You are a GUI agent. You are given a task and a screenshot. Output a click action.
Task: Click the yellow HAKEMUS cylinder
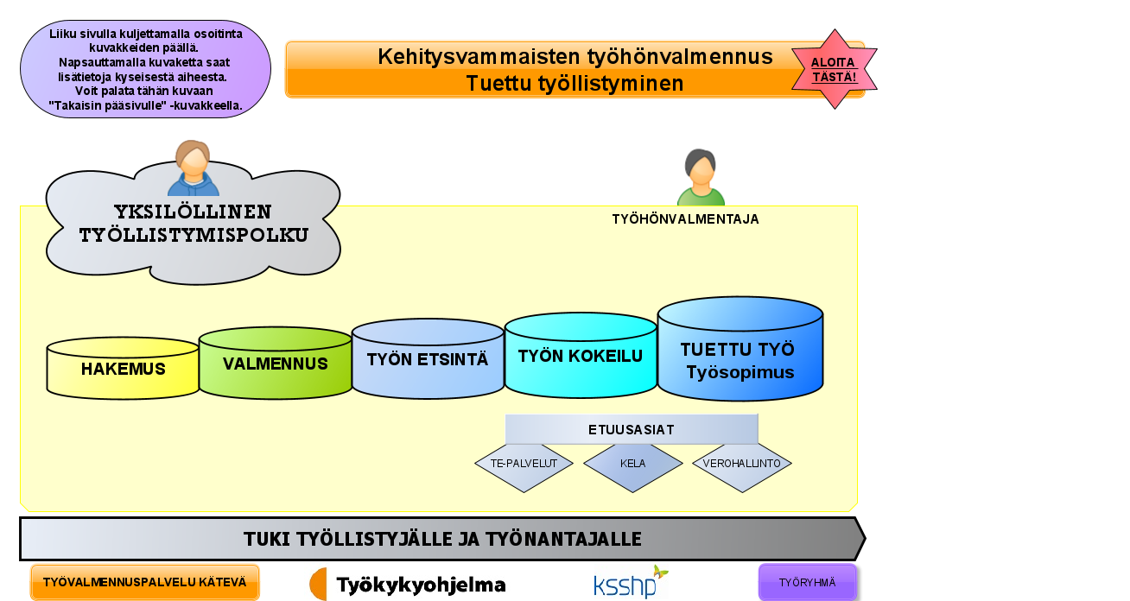pos(123,369)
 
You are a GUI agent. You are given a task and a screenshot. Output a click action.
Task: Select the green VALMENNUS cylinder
pos(276,363)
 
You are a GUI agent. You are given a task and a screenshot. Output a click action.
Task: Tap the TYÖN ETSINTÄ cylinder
pos(428,359)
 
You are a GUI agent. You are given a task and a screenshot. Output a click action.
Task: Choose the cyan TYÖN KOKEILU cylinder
pos(581,356)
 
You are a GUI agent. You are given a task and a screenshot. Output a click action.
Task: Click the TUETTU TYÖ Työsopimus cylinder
pos(740,349)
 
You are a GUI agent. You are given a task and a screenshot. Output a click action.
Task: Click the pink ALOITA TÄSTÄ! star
pos(835,69)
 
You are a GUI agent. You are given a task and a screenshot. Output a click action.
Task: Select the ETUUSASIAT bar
pos(632,429)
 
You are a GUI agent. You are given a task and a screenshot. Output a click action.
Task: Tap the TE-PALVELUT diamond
pos(524,464)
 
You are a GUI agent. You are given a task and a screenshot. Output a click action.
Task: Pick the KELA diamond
pos(633,464)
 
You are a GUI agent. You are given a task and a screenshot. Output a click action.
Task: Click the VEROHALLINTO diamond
pos(742,464)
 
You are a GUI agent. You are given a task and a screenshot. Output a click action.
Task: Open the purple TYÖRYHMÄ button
pos(807,582)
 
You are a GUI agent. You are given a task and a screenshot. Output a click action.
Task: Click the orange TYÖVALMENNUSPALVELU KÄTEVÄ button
pos(145,582)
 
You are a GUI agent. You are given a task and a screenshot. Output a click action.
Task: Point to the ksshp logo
pos(631,582)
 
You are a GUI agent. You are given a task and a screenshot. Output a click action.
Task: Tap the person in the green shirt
pos(701,177)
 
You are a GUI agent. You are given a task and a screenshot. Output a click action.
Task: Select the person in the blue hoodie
pos(194,168)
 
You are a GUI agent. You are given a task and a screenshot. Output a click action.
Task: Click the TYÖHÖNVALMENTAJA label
pos(686,219)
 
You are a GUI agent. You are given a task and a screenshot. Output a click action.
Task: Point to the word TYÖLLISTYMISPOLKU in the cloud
pos(194,236)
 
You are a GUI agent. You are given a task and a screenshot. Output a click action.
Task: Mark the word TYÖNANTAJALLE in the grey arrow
pos(564,539)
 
